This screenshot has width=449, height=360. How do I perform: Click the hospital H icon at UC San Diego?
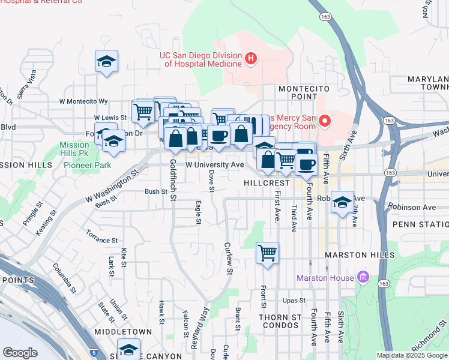252,58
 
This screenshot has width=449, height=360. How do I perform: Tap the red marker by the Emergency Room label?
325,121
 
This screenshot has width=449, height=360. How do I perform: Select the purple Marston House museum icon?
362,277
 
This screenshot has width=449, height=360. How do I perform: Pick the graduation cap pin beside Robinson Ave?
342,202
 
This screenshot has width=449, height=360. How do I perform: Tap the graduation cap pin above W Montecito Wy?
106,61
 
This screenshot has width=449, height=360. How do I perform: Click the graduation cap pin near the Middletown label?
128,349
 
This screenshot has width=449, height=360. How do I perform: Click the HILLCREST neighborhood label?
267,181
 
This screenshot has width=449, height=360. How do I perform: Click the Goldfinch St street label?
173,180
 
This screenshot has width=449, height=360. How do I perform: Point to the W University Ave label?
214,164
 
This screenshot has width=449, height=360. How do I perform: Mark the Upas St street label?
294,300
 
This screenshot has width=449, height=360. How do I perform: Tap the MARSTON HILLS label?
354,255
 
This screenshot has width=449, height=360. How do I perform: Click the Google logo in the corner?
20,353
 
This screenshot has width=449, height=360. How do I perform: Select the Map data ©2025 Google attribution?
412,355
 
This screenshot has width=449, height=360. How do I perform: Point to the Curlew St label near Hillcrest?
228,258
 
